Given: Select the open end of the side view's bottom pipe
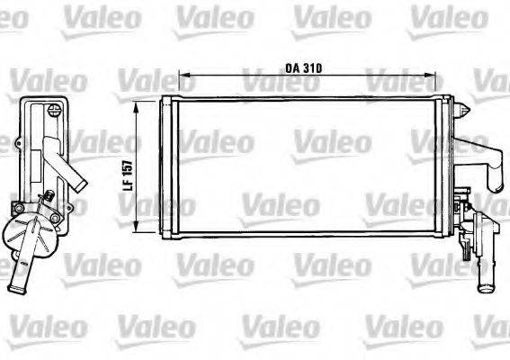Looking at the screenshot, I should [x=15, y=288].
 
